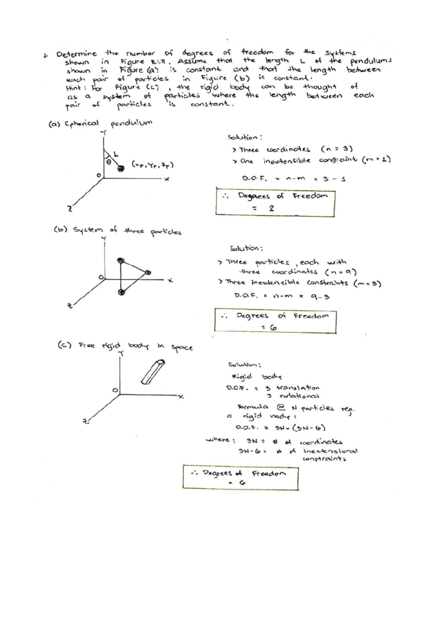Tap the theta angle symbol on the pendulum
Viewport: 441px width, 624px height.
tap(109, 161)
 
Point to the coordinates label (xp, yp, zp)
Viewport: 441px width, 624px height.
tap(152, 165)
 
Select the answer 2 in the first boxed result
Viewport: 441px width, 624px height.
tap(271, 208)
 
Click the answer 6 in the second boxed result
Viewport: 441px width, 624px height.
tap(273, 327)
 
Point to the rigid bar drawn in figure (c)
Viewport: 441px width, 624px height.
tap(153, 372)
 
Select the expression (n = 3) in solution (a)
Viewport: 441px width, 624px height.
tap(337, 149)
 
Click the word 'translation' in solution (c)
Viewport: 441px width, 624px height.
tap(298, 388)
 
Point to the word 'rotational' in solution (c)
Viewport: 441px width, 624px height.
tap(299, 396)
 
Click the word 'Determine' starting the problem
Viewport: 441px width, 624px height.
tap(76, 54)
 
